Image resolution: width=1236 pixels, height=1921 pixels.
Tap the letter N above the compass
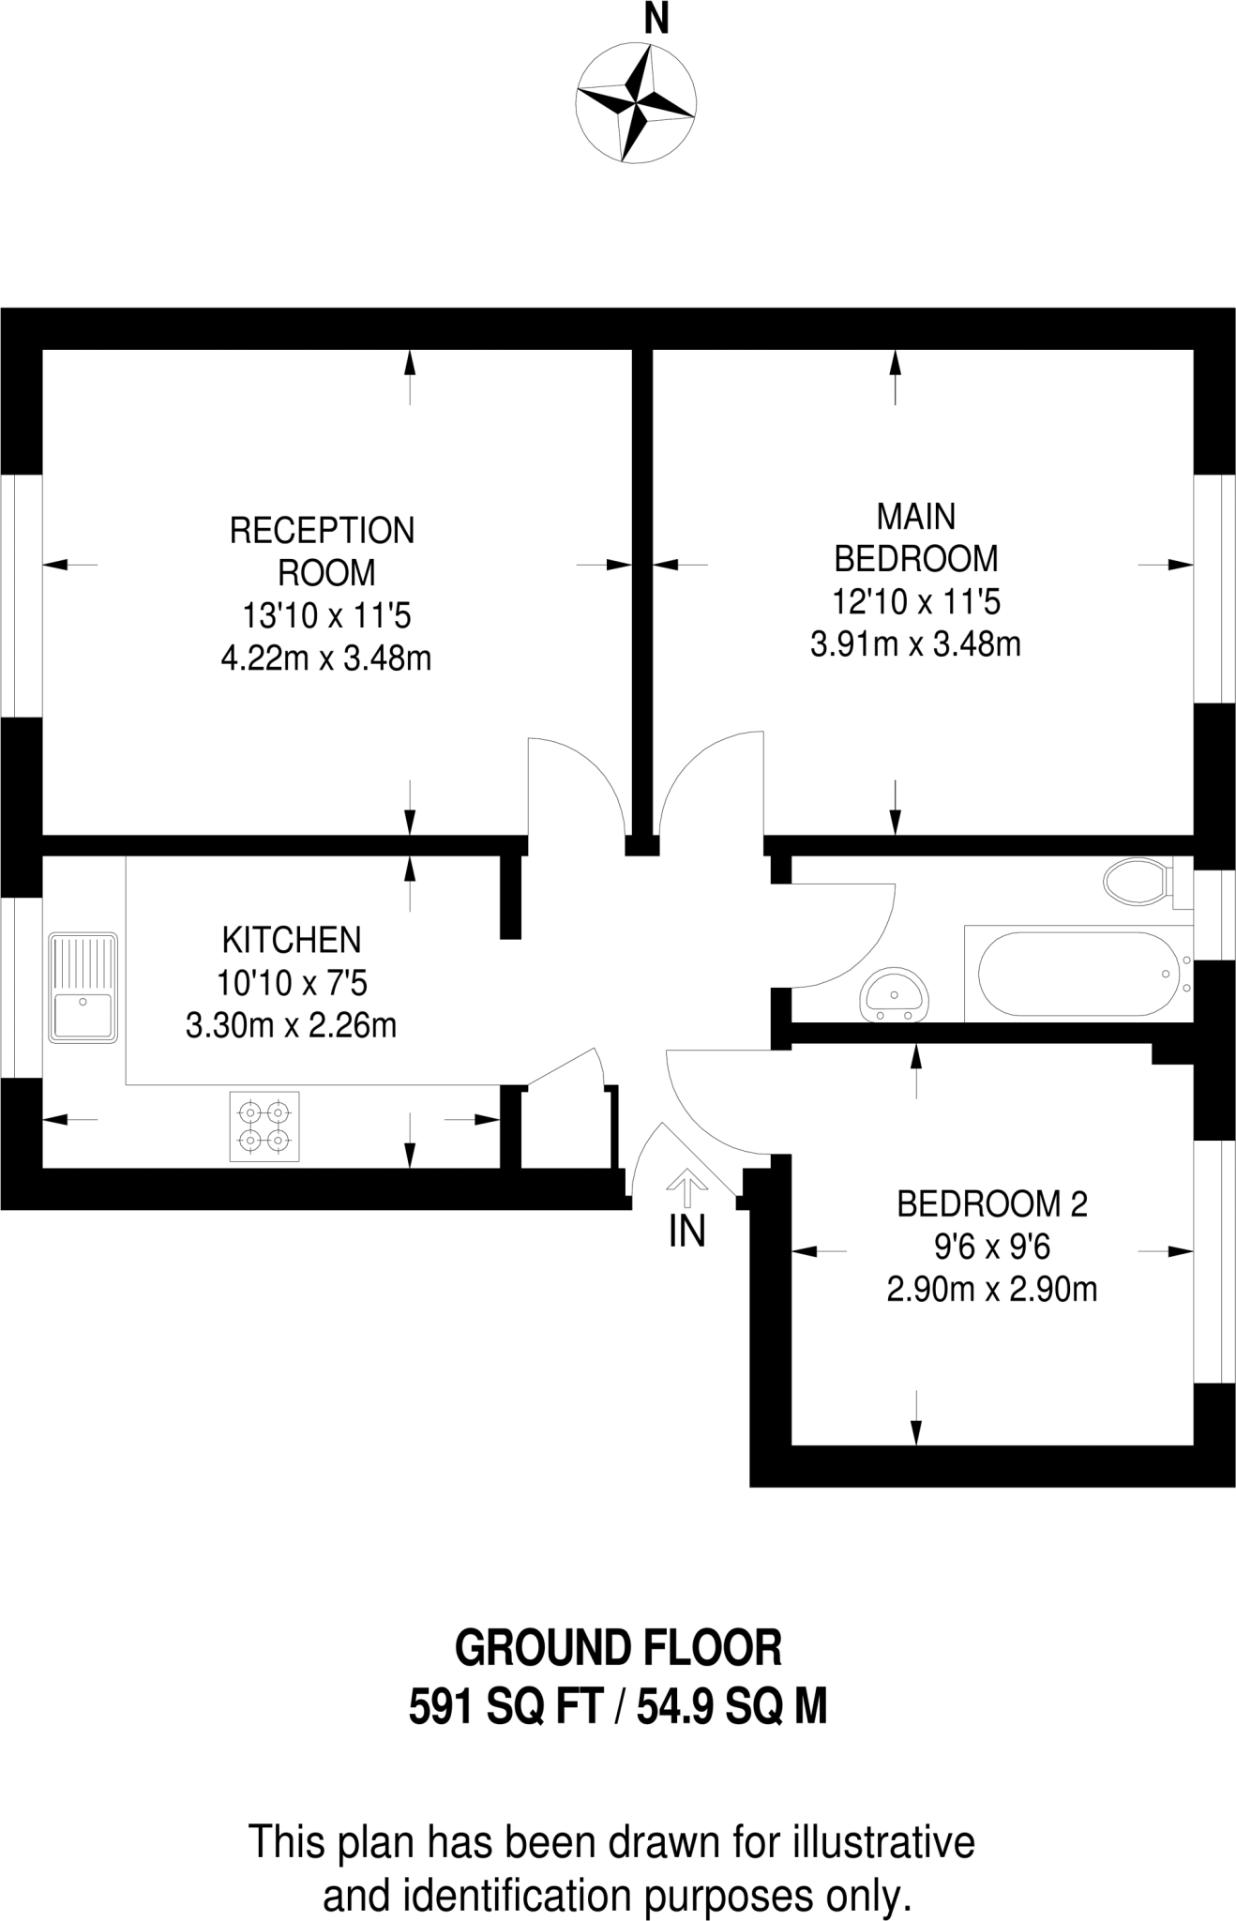[x=656, y=19]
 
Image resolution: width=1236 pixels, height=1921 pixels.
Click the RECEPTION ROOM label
[x=323, y=552]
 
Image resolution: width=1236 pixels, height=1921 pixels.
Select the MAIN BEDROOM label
[x=916, y=537]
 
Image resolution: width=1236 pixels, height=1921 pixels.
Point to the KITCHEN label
[x=292, y=940]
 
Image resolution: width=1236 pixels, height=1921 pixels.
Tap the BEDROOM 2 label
[x=992, y=1204]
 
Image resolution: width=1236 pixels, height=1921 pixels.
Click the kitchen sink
[x=83, y=988]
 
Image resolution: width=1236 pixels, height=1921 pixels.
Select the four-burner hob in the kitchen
[x=264, y=1127]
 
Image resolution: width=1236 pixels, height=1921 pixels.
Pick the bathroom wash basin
[x=896, y=995]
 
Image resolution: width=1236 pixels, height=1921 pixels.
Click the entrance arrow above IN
[x=686, y=1187]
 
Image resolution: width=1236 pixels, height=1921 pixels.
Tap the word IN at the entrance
[x=686, y=1232]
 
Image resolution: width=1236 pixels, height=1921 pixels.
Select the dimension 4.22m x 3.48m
[x=326, y=659]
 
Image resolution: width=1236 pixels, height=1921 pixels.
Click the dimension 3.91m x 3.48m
[x=915, y=644]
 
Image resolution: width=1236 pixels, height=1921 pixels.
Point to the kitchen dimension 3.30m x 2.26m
[x=292, y=1026]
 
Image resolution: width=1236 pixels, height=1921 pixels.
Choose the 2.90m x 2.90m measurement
[x=992, y=1290]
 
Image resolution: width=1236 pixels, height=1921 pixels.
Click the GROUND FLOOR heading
[x=618, y=1648]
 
